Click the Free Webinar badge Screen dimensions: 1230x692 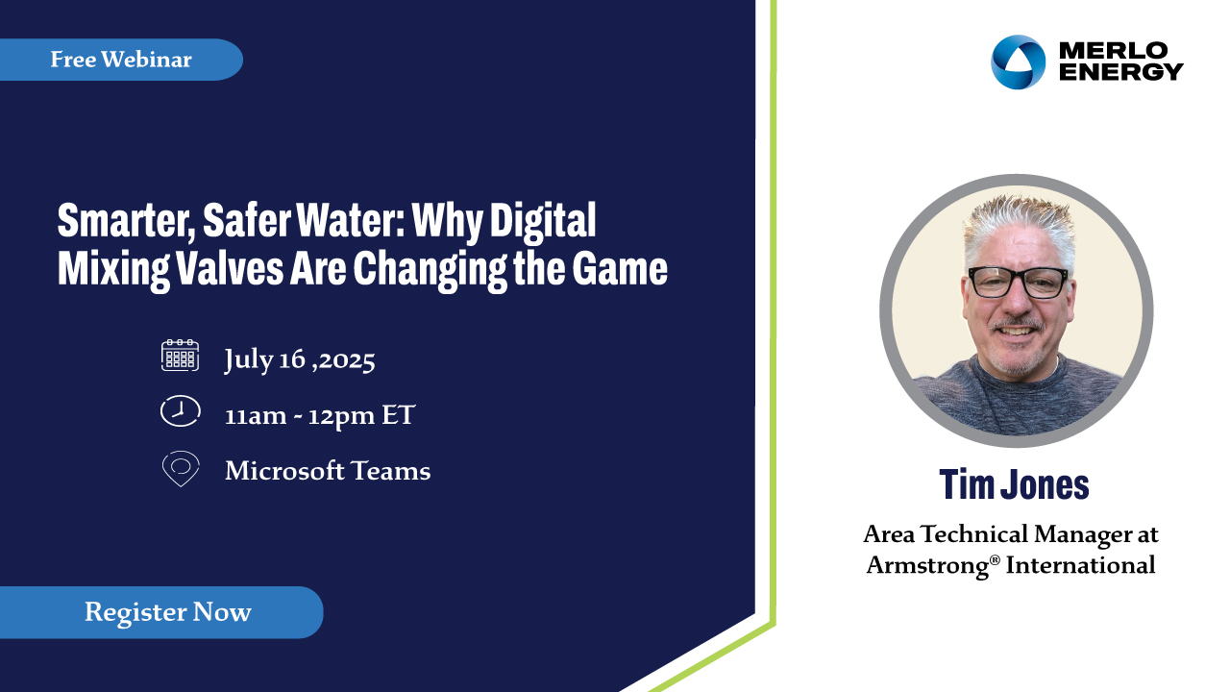(x=121, y=60)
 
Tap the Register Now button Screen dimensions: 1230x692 (x=160, y=612)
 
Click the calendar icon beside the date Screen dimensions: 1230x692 (x=180, y=356)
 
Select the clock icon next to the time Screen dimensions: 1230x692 (x=180, y=410)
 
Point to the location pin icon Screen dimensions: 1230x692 (x=181, y=468)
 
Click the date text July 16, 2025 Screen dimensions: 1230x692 (x=300, y=360)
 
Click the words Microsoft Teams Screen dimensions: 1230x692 (x=328, y=471)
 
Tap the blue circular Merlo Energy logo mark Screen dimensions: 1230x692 (x=1018, y=62)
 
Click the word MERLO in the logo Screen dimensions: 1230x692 (x=1113, y=51)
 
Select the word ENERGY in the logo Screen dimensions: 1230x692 (x=1120, y=72)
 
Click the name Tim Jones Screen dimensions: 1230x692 (x=1014, y=484)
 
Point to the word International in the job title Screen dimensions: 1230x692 (x=1081, y=565)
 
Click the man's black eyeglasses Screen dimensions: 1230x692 (x=1018, y=283)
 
